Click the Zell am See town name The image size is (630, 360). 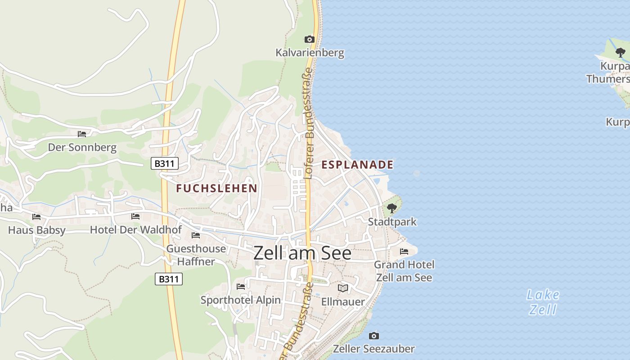coord(302,253)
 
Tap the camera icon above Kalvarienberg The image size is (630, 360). coord(310,39)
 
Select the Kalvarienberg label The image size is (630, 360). coord(310,53)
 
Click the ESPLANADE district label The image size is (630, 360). coord(357,165)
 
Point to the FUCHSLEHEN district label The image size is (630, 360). coord(216,188)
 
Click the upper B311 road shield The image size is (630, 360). coord(164,163)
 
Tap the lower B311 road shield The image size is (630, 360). coord(169,279)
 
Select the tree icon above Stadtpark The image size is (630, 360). coord(391,208)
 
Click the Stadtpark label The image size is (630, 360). coord(392,222)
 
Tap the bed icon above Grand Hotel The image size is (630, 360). coord(404,252)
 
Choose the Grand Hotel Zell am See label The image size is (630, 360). coord(404,271)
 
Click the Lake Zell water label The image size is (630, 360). coord(543,302)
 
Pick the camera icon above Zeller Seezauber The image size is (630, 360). coord(373,336)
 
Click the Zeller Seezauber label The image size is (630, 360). coord(373,349)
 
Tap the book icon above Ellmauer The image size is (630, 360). coord(343,288)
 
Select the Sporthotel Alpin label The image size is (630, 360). coord(240,300)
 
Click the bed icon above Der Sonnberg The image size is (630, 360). coord(82,134)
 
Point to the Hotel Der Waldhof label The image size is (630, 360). coord(136,230)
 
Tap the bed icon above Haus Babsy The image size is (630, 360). coord(36,217)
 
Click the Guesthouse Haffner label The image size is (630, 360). coord(196,255)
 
